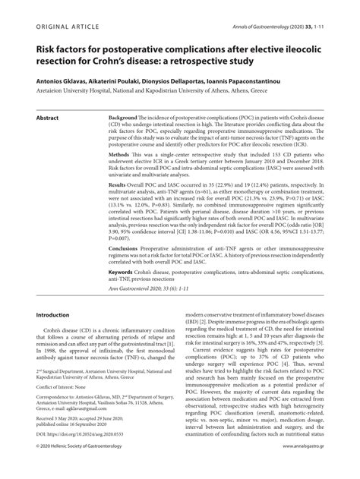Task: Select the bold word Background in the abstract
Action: click(x=123, y=119)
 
